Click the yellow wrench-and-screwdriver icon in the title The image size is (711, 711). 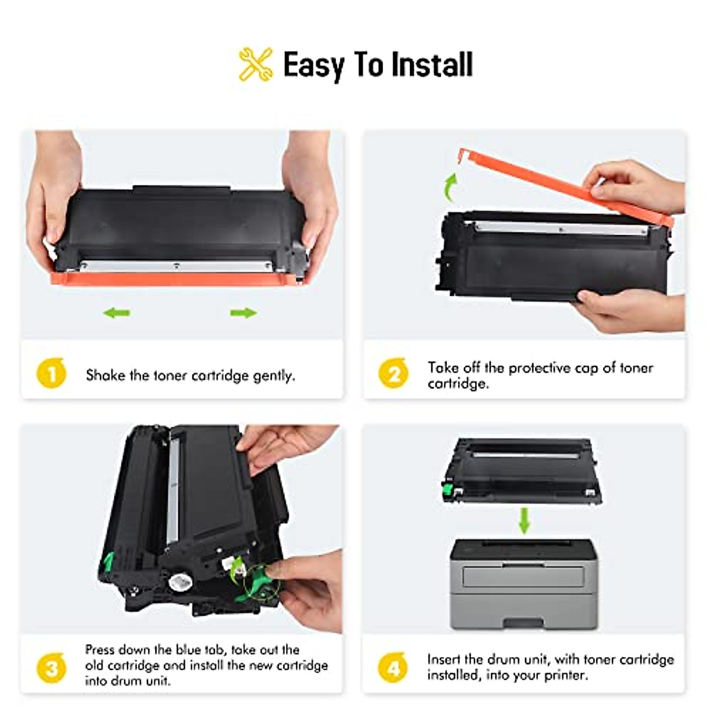click(256, 64)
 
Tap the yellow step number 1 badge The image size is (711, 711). click(52, 374)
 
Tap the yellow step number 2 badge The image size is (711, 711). click(393, 374)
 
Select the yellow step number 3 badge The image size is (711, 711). click(52, 668)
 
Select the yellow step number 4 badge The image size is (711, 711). click(393, 668)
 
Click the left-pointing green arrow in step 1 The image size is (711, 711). click(117, 312)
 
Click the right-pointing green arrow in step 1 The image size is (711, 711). click(243, 312)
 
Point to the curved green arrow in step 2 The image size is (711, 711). click(450, 187)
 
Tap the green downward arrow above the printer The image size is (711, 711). click(524, 520)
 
